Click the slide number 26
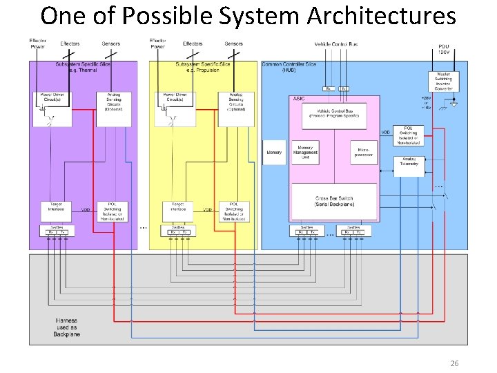point(454,363)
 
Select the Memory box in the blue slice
point(274,153)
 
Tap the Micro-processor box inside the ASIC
point(364,153)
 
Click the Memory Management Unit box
point(305,153)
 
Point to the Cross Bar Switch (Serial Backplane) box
point(335,202)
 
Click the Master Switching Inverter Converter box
point(442,82)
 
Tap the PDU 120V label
point(443,49)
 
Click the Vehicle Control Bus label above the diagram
point(336,44)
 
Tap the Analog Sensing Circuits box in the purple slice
point(114,102)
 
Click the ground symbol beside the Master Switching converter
point(453,105)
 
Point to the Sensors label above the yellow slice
point(233,44)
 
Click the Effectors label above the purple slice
point(70,44)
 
